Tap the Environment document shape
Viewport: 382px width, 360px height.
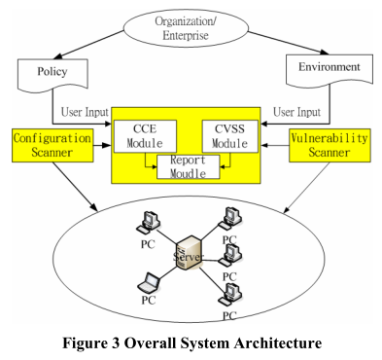[326, 71]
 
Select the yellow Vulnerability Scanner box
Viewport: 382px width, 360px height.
[330, 147]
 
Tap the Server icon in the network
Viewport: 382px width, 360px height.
[191, 252]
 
